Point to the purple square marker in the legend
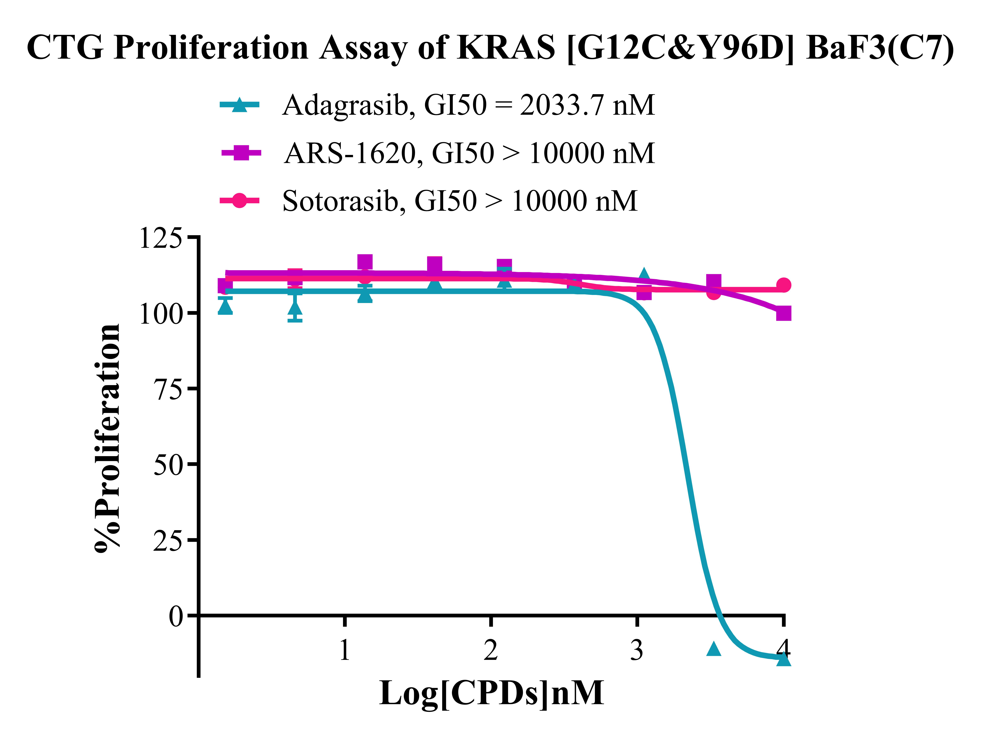point(241,153)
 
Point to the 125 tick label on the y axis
point(161,238)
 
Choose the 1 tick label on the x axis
point(345,650)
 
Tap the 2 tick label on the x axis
point(490,650)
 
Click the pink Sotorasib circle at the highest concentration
point(784,285)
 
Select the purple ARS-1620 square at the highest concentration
point(784,313)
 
